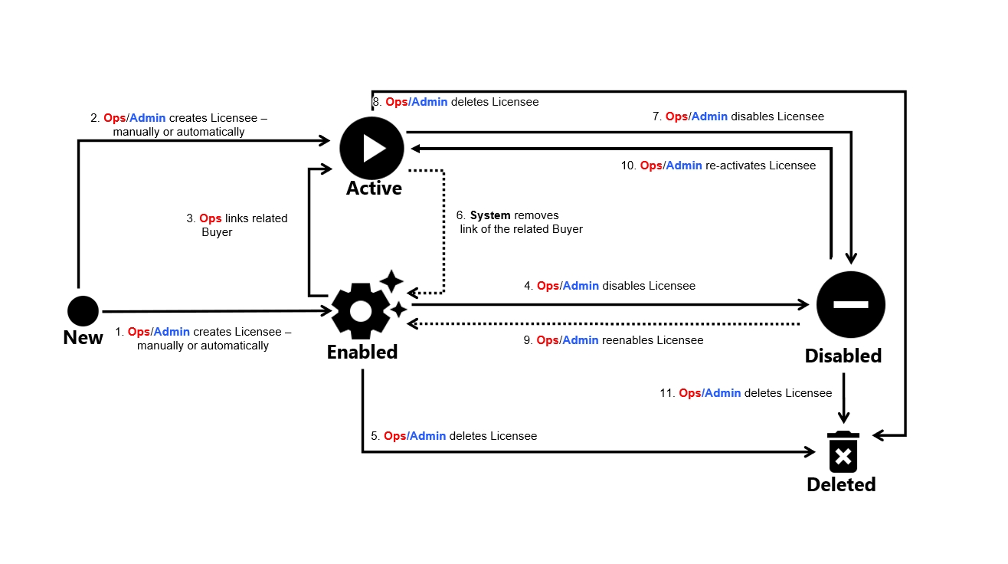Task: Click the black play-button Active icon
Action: click(x=371, y=148)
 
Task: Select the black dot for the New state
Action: click(x=83, y=311)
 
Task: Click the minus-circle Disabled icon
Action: click(x=850, y=304)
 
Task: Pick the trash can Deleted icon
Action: click(x=843, y=452)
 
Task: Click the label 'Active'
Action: click(x=374, y=189)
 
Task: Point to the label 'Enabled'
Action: click(x=362, y=352)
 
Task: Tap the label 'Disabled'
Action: click(x=843, y=356)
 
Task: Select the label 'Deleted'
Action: click(x=841, y=484)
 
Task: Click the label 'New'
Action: click(x=83, y=338)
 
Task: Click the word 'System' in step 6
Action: click(x=490, y=215)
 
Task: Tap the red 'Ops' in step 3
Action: click(x=210, y=218)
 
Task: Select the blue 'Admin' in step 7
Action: click(x=709, y=116)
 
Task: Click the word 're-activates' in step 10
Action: click(x=735, y=166)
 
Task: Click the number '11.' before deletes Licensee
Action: click(x=667, y=393)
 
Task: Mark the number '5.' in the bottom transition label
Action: click(x=375, y=436)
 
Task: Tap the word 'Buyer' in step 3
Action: click(x=217, y=232)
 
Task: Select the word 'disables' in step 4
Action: click(x=623, y=286)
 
